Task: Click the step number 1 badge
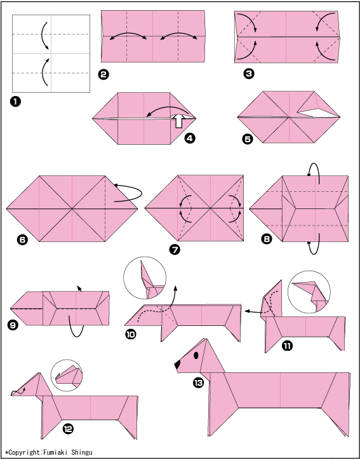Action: coord(15,102)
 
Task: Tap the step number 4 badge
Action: coord(189,138)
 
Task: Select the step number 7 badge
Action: coord(175,250)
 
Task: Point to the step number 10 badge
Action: coord(130,334)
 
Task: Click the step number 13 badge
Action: coord(199,383)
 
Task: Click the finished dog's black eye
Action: coord(196,356)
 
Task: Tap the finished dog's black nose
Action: coord(177,365)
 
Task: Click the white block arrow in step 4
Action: coord(179,121)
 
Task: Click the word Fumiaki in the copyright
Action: coord(54,452)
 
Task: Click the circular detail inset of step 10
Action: coord(145,278)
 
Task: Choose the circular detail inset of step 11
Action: coord(309,292)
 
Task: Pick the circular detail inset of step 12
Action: coord(67,375)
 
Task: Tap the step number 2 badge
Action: coord(103,74)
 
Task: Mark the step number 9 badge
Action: coord(13,325)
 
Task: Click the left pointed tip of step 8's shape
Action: coord(250,208)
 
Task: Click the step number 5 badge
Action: coord(248,139)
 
